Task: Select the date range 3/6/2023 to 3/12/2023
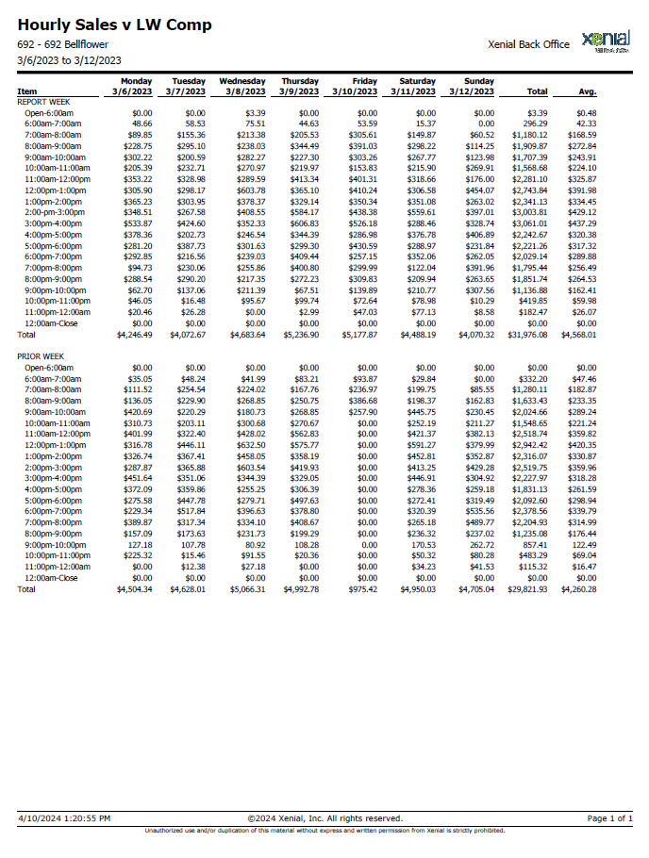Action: click(x=70, y=60)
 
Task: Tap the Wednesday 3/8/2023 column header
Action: click(x=242, y=87)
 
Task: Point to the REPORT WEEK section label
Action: click(x=43, y=102)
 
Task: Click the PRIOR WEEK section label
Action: click(x=41, y=356)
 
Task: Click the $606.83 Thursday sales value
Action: click(x=305, y=223)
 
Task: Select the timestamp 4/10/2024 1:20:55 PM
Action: click(x=64, y=818)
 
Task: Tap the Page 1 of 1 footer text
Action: click(x=609, y=818)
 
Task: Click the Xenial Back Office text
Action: click(x=528, y=44)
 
